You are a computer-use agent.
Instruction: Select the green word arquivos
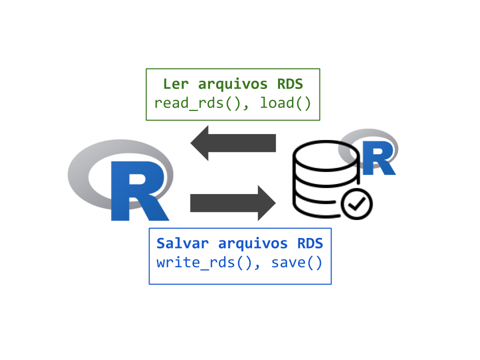coord(233,84)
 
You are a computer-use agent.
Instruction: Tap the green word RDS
coord(290,84)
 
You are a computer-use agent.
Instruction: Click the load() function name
coord(285,103)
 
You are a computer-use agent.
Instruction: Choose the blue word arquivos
coord(253,243)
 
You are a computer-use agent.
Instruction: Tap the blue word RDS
coord(310,243)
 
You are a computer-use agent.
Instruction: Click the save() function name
coord(297,263)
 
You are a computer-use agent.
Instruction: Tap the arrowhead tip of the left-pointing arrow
coord(191,143)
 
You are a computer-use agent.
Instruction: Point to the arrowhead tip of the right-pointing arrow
coord(274,203)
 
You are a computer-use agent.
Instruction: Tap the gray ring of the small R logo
coord(367,134)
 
